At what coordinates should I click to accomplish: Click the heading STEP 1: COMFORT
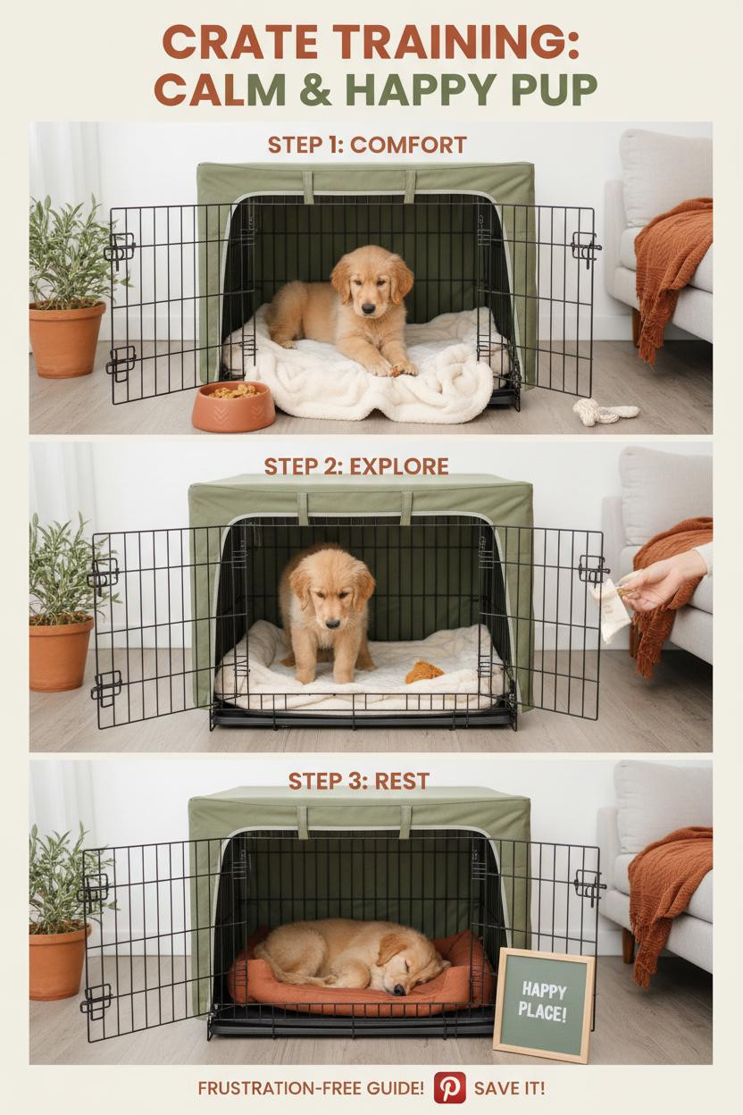tap(367, 145)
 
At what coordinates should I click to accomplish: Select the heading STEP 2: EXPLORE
tap(356, 466)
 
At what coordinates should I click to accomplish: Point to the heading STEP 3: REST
tap(358, 781)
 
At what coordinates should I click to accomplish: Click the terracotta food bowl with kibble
tap(233, 407)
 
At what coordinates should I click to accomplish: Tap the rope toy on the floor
tap(605, 412)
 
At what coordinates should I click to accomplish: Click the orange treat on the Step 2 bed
tap(423, 672)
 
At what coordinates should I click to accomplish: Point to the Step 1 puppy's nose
tap(368, 308)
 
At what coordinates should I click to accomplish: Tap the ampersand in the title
tap(316, 89)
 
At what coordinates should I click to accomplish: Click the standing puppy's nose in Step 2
tap(332, 624)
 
